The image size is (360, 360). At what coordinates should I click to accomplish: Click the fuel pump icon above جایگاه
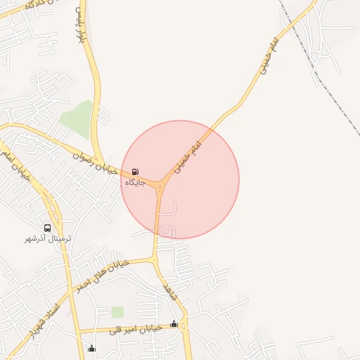134,172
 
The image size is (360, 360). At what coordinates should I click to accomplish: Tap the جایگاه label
134,182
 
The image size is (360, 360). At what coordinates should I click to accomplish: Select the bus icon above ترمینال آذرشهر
47,228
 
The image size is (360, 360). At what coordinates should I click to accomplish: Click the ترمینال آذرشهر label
47,238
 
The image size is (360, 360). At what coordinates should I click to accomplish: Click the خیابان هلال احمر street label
103,275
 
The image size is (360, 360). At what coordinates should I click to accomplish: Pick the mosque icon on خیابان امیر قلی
174,323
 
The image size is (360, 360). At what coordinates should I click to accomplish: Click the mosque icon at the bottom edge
91,348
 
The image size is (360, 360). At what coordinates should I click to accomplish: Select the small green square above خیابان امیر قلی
117,311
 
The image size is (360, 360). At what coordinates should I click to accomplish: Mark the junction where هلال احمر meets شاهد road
155,259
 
